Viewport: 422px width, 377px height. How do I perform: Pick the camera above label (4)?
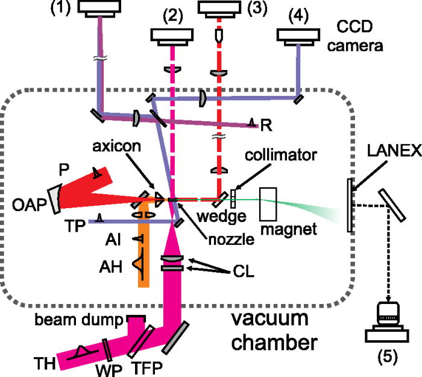301,37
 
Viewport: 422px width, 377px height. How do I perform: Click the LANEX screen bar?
349,205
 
